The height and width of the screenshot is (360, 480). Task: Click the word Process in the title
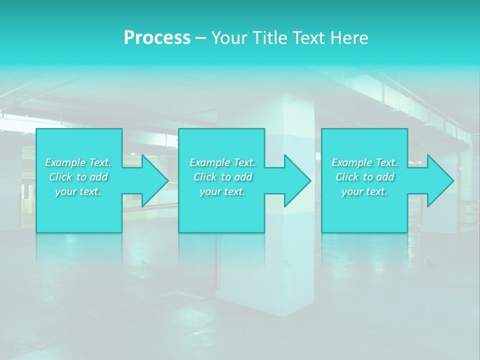(157, 37)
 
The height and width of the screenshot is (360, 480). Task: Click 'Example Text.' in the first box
(78, 162)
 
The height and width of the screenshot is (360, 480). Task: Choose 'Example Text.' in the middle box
(222, 162)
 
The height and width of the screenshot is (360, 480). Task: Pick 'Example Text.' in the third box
(364, 162)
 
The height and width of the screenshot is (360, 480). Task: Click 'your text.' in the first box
(78, 191)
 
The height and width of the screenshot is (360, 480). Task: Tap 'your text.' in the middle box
(222, 191)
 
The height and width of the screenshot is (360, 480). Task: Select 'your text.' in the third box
(364, 191)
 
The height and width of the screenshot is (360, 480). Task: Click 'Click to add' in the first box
(78, 177)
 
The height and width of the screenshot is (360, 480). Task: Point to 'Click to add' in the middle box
(222, 177)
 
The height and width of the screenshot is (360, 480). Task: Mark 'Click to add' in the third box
(364, 177)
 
